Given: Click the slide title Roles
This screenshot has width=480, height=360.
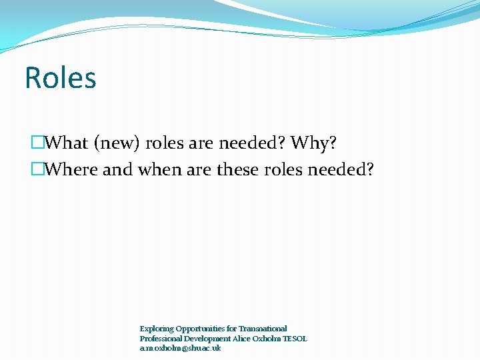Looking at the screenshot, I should [61, 78].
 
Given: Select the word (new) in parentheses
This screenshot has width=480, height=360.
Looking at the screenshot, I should [116, 143].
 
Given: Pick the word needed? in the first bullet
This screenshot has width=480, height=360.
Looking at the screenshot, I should [256, 143].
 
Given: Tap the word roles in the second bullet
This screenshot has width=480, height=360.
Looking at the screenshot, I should [283, 170].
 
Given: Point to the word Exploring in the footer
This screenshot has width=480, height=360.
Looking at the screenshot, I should [156, 329].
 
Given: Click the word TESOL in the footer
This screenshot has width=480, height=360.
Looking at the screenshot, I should [295, 339].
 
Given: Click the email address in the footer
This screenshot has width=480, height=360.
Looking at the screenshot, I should [180, 349].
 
